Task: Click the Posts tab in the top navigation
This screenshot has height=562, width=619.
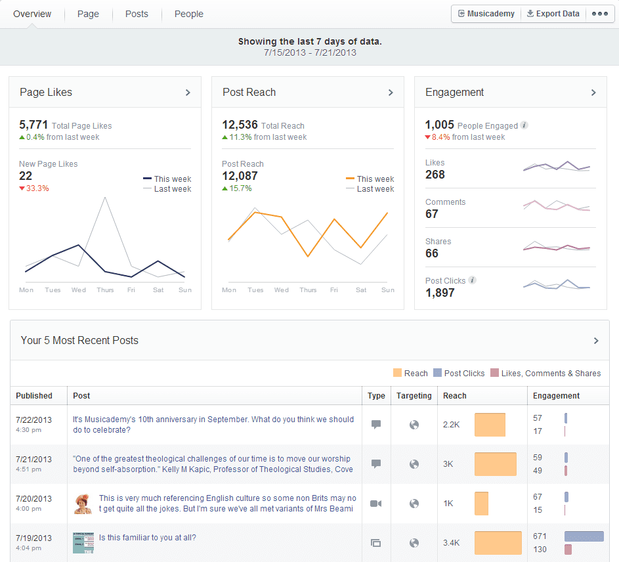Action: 137,14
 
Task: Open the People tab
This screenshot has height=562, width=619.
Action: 188,14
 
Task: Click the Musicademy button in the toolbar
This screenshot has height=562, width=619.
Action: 486,14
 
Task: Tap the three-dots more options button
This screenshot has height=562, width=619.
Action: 599,14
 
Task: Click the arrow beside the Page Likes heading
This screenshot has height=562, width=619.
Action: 188,93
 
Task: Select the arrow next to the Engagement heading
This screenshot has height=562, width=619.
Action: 593,93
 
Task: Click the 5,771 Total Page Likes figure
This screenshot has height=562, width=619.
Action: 34,125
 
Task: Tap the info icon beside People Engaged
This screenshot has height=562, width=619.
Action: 524,125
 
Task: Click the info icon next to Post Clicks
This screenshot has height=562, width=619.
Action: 472,280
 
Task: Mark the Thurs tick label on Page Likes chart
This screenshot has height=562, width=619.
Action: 105,290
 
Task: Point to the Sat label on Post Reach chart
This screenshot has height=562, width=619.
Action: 360,290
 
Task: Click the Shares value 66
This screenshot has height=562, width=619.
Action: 432,253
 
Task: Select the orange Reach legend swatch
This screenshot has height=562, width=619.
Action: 397,373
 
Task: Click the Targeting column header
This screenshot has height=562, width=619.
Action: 414,396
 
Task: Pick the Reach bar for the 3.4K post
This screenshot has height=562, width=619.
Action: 498,543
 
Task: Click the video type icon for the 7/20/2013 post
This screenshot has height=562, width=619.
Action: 376,504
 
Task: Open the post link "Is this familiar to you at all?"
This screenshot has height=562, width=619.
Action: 148,538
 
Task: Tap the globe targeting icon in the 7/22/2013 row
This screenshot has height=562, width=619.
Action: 414,425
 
